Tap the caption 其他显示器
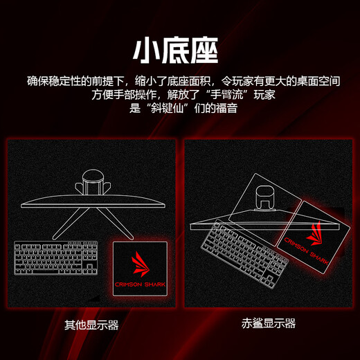coord(91,324)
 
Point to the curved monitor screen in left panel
coord(93,204)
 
